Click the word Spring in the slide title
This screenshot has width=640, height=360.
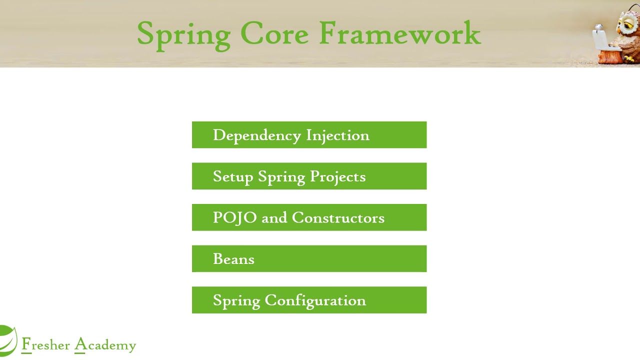tap(183, 34)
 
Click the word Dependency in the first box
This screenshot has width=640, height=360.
tap(256, 135)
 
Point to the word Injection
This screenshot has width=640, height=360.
tap(337, 135)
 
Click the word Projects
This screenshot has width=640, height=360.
tap(337, 177)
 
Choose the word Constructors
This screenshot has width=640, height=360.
tap(338, 218)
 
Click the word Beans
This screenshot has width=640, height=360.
tap(233, 259)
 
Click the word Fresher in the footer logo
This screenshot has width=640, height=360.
tap(45, 345)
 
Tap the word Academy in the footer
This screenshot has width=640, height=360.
tap(105, 345)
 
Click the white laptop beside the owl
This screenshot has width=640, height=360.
tap(600, 37)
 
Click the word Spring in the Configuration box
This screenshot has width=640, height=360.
tap(236, 300)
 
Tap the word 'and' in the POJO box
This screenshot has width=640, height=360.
tap(274, 218)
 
